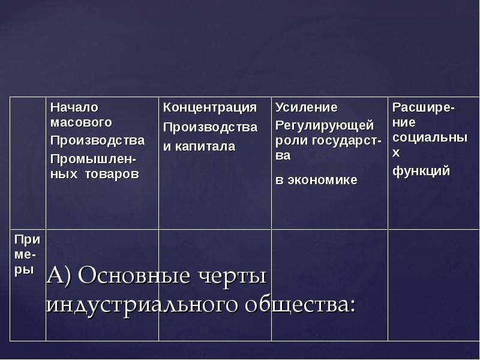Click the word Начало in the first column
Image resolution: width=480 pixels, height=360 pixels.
[74, 107]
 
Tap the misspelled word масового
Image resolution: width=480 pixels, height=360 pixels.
[81, 122]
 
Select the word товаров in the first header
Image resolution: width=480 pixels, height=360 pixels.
[112, 174]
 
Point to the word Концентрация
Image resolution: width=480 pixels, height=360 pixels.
[209, 108]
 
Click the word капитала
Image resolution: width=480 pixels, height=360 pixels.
[205, 146]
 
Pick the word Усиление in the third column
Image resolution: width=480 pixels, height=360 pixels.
[307, 107]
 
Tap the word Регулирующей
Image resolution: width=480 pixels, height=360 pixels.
[325, 125]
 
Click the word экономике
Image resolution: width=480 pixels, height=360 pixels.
[322, 180]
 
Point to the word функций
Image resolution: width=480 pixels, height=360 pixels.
[421, 171]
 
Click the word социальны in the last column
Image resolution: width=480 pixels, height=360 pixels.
[430, 137]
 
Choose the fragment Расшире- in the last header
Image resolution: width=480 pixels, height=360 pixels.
[424, 108]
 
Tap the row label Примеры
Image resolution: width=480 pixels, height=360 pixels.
[27, 254]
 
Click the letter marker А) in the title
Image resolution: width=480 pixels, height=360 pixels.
[59, 275]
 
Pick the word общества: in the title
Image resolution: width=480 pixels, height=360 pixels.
[301, 305]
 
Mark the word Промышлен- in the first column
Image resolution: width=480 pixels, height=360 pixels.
[94, 160]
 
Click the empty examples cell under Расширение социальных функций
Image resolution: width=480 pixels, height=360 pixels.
[433, 285]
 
